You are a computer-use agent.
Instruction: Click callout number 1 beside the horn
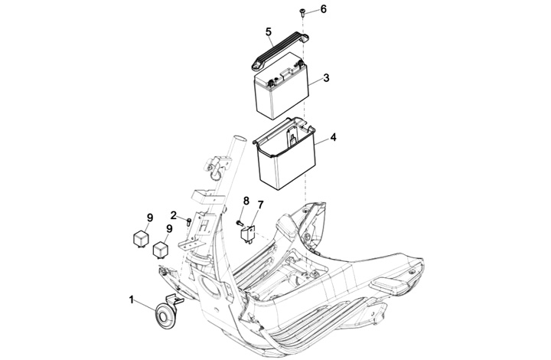(132, 300)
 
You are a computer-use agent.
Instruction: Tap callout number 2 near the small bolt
(174, 214)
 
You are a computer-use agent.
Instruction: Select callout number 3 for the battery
(327, 77)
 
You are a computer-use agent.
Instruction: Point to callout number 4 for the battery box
(333, 137)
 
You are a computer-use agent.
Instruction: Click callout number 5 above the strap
(269, 32)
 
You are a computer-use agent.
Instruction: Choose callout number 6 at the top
(323, 9)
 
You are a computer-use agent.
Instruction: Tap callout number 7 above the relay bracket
(260, 205)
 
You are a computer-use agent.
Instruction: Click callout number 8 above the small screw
(246, 201)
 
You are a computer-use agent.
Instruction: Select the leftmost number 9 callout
(150, 218)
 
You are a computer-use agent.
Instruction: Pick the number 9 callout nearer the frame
(169, 228)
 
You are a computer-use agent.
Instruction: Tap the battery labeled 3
(281, 86)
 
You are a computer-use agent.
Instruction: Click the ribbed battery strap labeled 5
(280, 51)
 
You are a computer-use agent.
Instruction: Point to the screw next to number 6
(302, 13)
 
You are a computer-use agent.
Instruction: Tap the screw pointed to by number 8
(240, 222)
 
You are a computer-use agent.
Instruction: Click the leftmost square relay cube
(141, 239)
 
